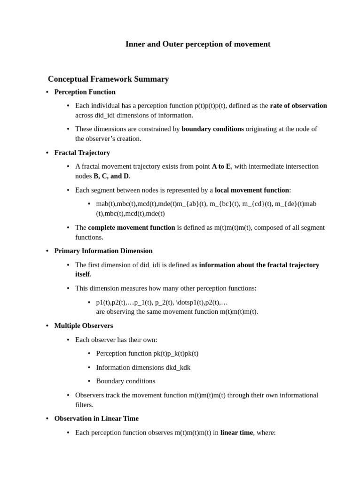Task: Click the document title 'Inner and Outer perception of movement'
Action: pyautogui.click(x=198, y=44)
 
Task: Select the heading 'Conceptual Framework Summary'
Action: pyautogui.click(x=108, y=79)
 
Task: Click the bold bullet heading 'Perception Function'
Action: pyautogui.click(x=85, y=92)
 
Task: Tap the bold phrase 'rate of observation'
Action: pyautogui.click(x=298, y=106)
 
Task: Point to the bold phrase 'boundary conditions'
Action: pyautogui.click(x=212, y=129)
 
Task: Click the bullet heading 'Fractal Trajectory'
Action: pyautogui.click(x=82, y=153)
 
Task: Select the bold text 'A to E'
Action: pyautogui.click(x=221, y=166)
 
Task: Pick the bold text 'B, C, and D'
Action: pyautogui.click(x=111, y=176)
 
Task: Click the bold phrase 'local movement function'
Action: pyautogui.click(x=252, y=190)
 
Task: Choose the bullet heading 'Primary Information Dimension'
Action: pyautogui.click(x=103, y=251)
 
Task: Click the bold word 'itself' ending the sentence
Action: pyautogui.click(x=82, y=274)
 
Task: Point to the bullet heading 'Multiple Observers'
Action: pyautogui.click(x=84, y=326)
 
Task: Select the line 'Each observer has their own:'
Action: pyautogui.click(x=116, y=340)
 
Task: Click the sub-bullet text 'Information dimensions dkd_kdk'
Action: pyautogui.click(x=143, y=367)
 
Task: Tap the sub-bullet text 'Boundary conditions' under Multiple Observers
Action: pyautogui.click(x=126, y=381)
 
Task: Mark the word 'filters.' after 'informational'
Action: pyautogui.click(x=86, y=404)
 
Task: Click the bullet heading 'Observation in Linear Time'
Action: pyautogui.click(x=96, y=418)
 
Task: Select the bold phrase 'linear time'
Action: pyautogui.click(x=236, y=432)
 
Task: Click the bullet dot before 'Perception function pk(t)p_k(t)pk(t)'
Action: pyautogui.click(x=89, y=354)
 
